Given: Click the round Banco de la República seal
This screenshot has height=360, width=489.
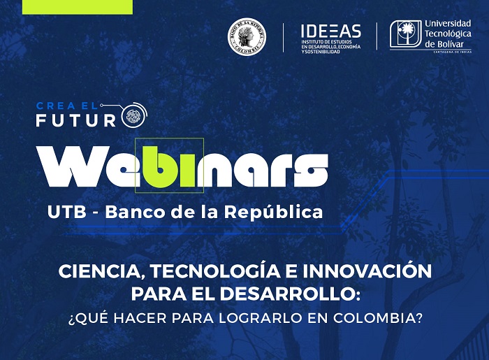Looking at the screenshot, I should pos(247,36).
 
